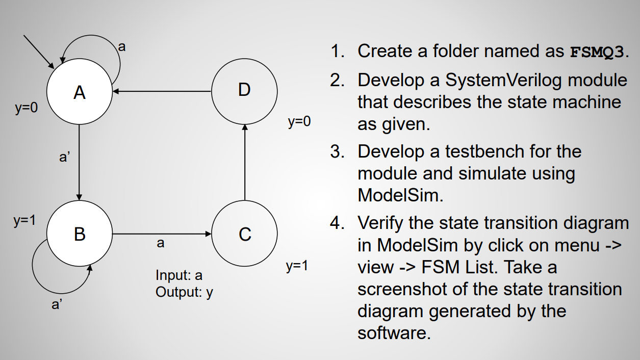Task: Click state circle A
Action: click(x=79, y=92)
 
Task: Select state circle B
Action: click(x=79, y=234)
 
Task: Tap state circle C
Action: click(x=245, y=234)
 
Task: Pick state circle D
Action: click(x=245, y=90)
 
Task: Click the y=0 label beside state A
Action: click(x=26, y=109)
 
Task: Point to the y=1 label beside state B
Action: click(x=24, y=221)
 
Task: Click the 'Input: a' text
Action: click(x=179, y=275)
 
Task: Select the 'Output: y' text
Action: click(x=184, y=292)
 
